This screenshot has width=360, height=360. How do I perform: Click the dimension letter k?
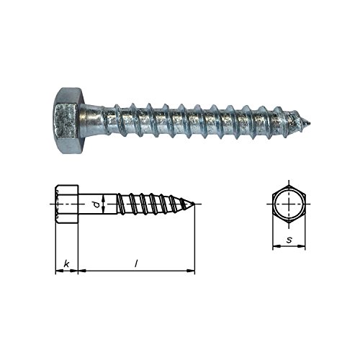point(66,264)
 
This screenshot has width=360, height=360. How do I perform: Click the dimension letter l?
point(136,264)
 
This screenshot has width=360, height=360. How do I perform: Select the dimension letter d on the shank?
point(96,204)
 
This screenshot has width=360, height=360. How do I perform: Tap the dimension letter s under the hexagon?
point(289,240)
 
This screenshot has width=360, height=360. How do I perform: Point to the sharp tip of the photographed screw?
point(310,124)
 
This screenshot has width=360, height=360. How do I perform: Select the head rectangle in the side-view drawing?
point(67,204)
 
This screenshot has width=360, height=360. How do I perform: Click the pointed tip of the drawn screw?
point(194,204)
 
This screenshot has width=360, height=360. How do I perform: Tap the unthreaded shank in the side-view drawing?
point(98,204)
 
